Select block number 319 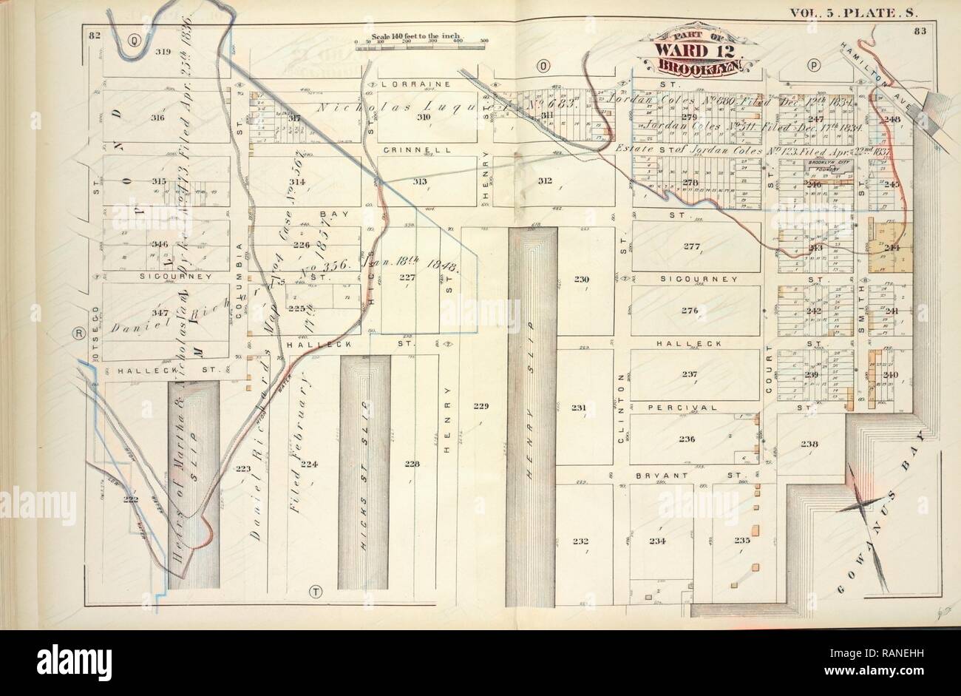click(163, 52)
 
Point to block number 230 click(583, 279)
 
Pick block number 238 click(809, 444)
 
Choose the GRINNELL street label click(407, 149)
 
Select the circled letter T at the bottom click(317, 592)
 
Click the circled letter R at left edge click(78, 334)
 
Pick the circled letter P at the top click(813, 65)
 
